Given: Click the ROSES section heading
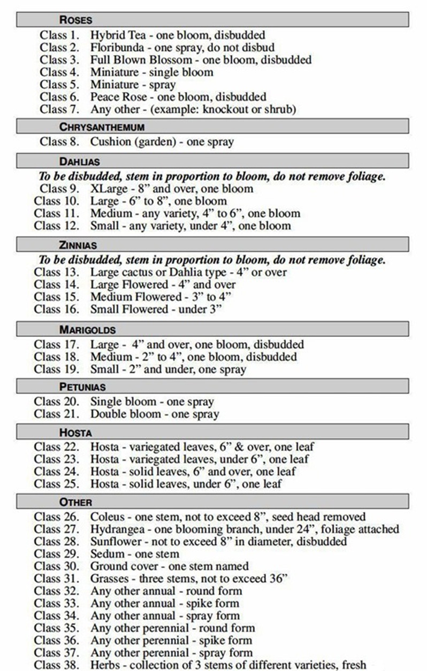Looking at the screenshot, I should click(75, 20).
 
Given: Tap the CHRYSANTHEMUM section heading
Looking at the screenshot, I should click(102, 127).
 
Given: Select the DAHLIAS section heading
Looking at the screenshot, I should click(79, 161).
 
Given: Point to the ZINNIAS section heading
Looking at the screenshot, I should click(78, 245).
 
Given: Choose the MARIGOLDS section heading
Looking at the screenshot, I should click(87, 329).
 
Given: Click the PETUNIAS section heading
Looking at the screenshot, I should click(82, 386).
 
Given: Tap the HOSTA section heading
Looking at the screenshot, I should click(75, 432).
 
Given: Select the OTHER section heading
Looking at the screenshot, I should click(75, 502).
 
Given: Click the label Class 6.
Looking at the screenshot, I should click(59, 97).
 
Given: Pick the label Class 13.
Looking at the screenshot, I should click(56, 272).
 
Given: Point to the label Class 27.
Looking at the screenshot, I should click(56, 529).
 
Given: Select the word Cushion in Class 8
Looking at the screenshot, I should click(109, 142).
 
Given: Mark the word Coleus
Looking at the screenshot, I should click(107, 517).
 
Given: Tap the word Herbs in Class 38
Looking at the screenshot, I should click(105, 665).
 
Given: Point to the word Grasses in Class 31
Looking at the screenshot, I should click(110, 579).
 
